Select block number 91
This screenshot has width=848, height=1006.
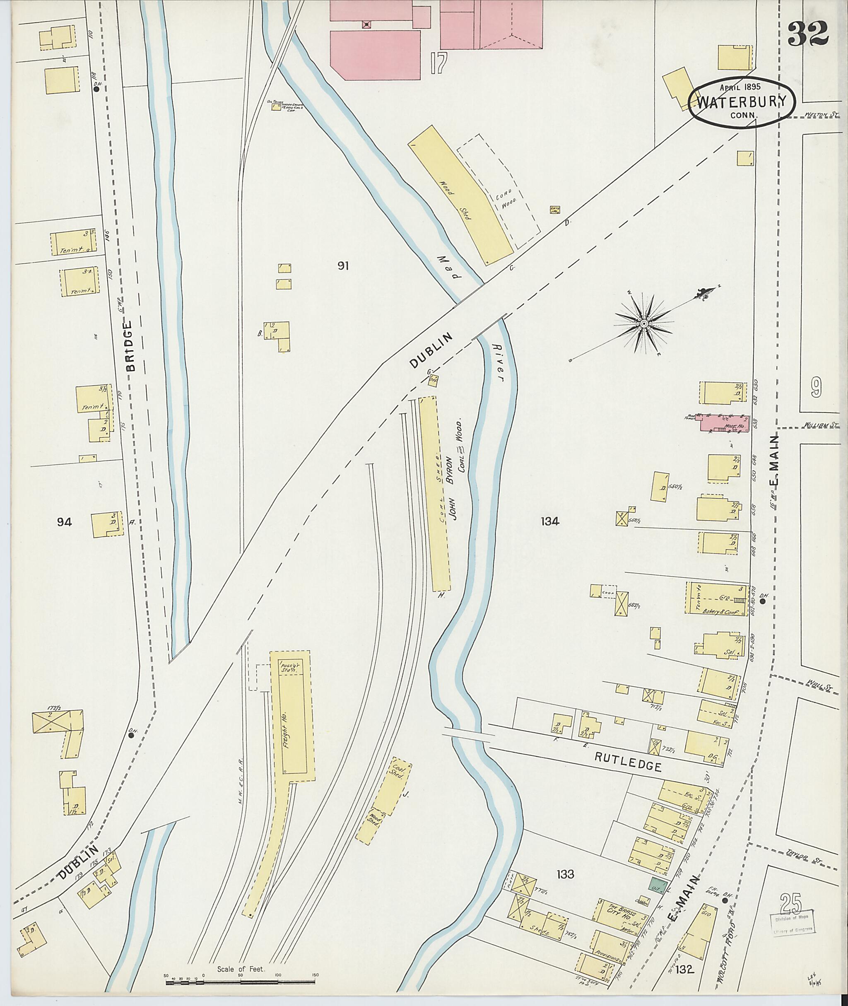(x=343, y=266)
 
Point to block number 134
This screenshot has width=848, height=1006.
(x=549, y=521)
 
